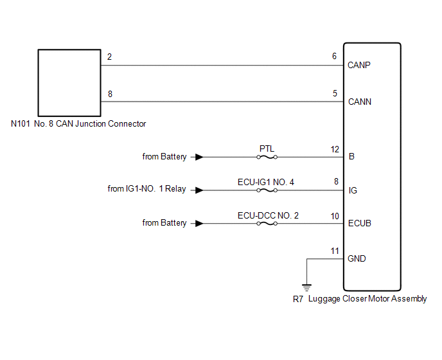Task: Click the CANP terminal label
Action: (359, 66)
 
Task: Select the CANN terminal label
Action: (359, 102)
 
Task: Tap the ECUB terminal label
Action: (359, 224)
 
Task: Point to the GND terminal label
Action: (357, 258)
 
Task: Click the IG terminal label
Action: (352, 190)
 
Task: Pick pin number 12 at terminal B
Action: (335, 149)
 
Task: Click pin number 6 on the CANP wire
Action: (335, 57)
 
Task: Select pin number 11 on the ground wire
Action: (335, 250)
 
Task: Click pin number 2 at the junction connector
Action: (110, 57)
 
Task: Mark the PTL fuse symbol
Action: (267, 157)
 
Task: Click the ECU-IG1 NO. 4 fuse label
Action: (266, 182)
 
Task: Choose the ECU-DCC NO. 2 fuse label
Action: (268, 215)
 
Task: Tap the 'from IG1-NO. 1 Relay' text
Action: (147, 190)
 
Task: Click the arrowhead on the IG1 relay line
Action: (200, 190)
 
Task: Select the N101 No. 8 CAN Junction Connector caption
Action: (78, 124)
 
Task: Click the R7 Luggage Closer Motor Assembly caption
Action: (359, 299)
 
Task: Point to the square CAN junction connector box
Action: (69, 82)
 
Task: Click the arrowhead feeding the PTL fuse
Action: (200, 157)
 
